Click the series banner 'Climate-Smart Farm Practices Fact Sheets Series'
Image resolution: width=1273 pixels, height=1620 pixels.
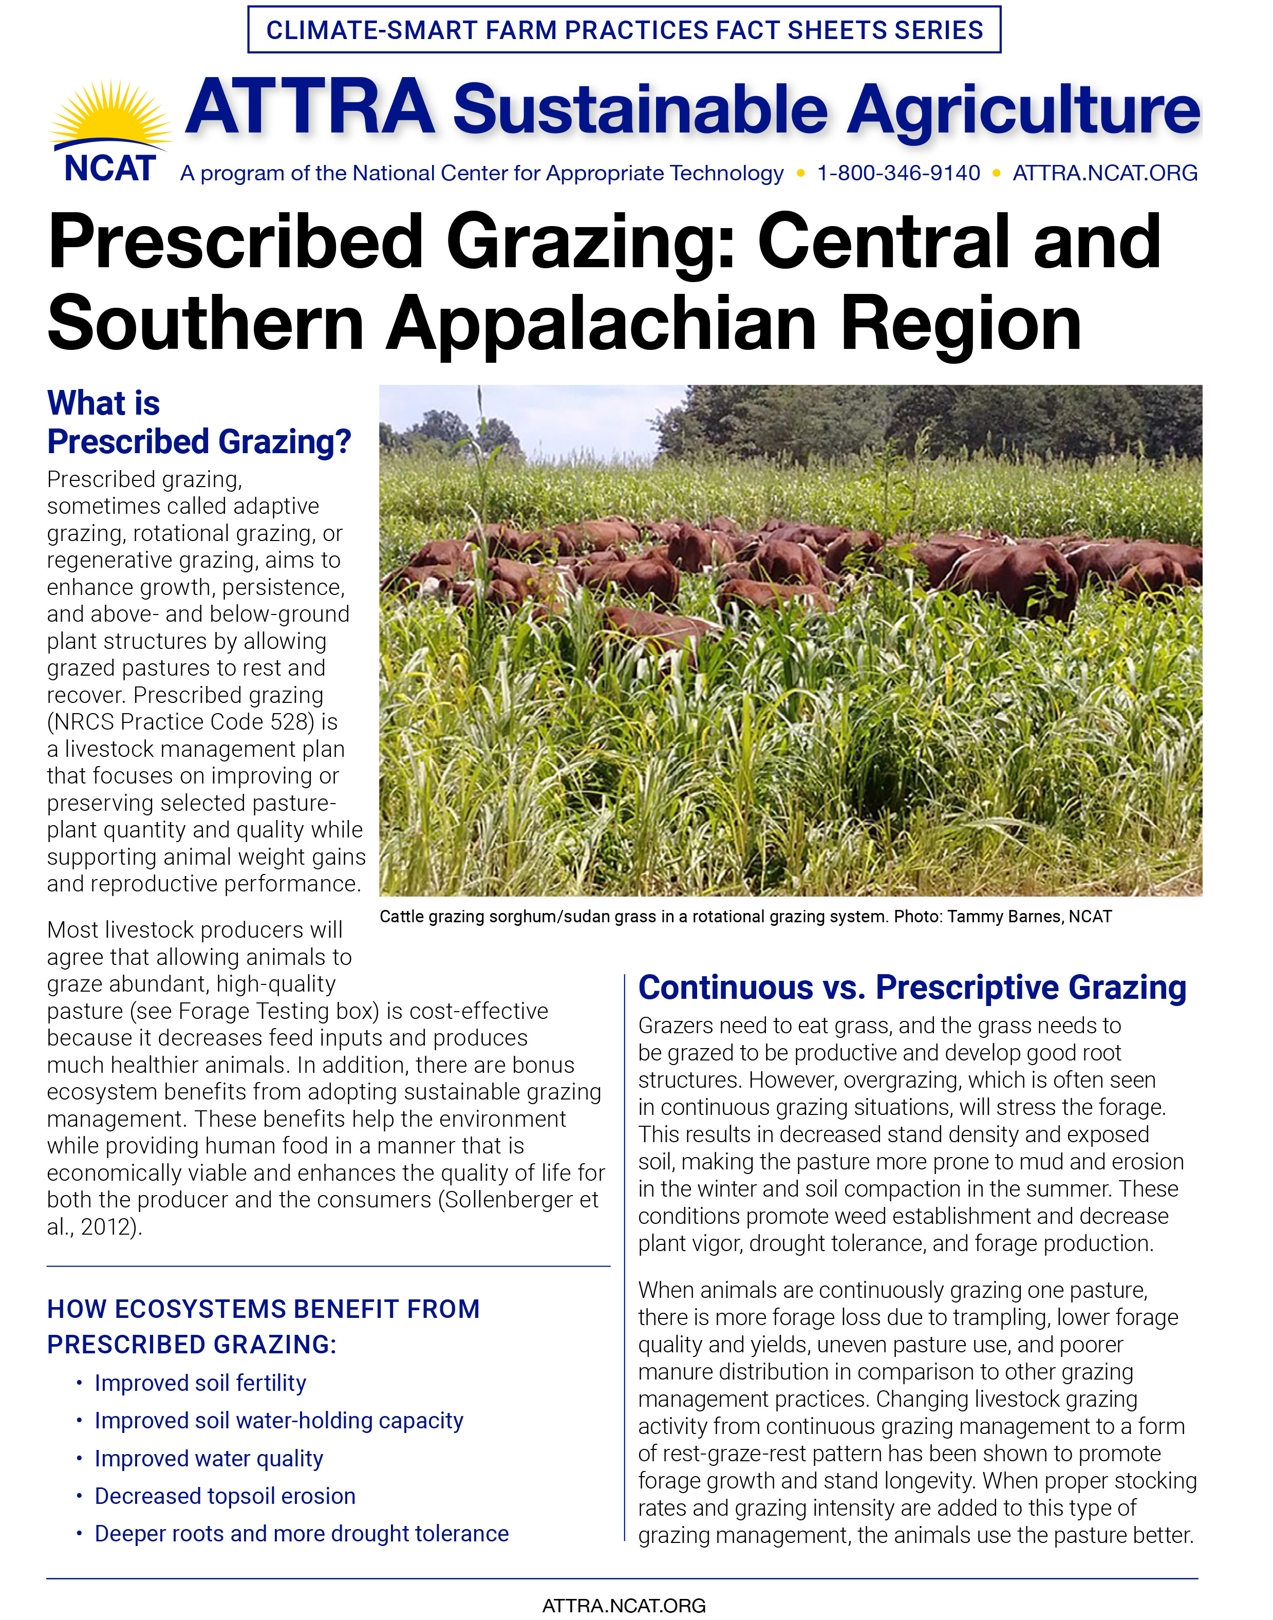point(624,30)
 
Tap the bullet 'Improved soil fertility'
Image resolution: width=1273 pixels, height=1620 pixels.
point(200,1383)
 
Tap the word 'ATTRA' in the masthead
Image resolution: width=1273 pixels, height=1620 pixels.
point(309,108)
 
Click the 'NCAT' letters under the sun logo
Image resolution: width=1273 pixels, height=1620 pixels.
point(109,169)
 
